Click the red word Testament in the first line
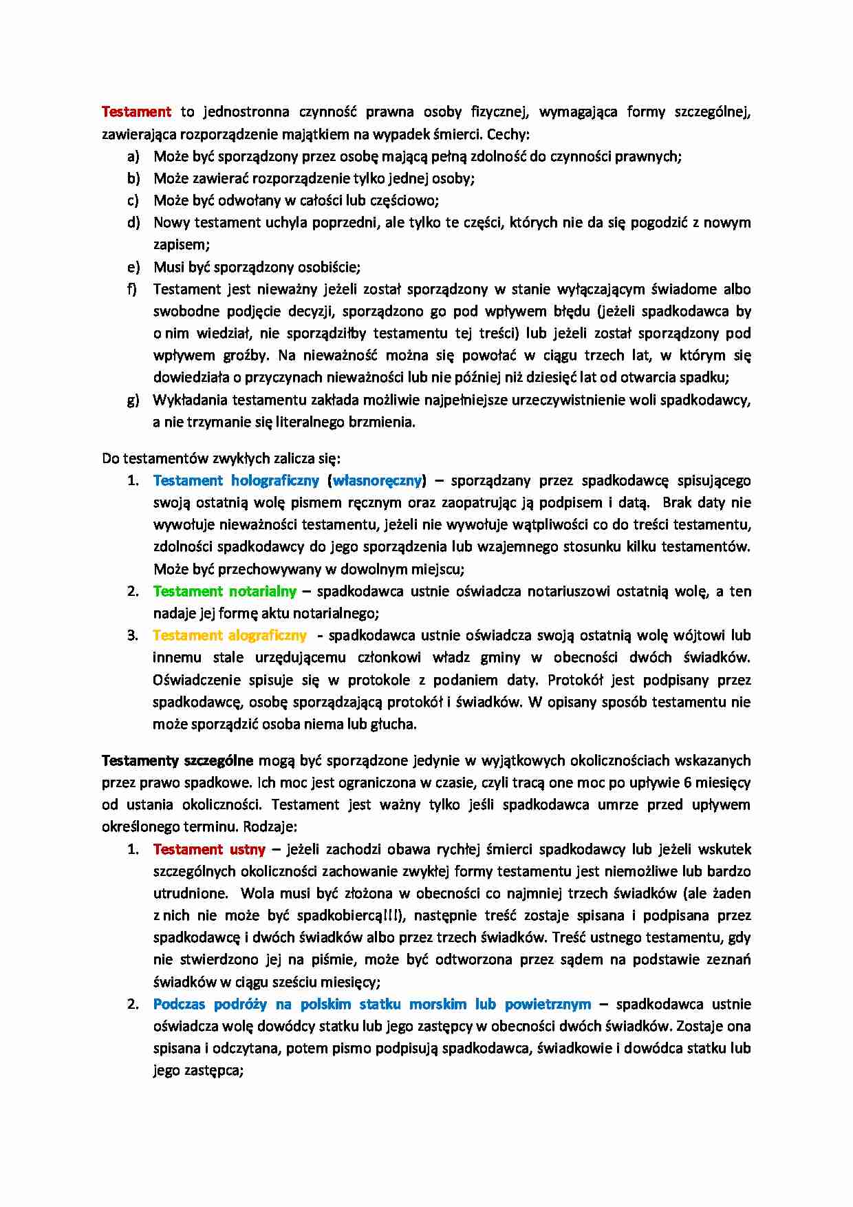[136, 111]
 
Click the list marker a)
[133, 156]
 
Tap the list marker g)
[133, 400]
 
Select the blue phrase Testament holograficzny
[236, 480]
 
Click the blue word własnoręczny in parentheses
[377, 480]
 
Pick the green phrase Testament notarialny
[224, 591]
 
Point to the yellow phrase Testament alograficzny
[229, 635]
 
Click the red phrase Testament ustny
[208, 849]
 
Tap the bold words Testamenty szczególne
[177, 760]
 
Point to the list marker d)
[133, 222]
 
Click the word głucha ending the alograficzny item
[393, 724]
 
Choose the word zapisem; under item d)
[181, 244]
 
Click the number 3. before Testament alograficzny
[133, 635]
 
